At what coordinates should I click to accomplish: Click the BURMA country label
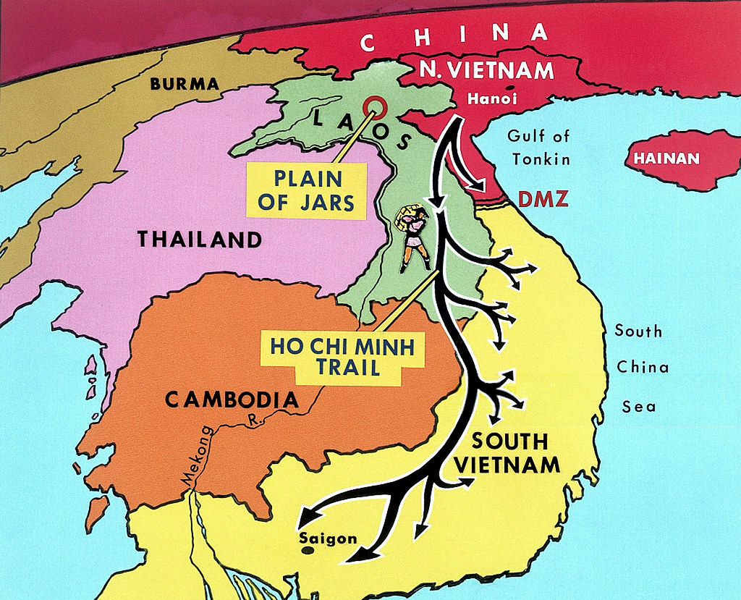pos(185,84)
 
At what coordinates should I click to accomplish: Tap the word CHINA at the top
pos(454,38)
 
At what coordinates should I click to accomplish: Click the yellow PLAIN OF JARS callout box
pos(306,190)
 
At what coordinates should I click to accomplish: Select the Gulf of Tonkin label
pos(538,147)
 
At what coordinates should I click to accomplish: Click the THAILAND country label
pos(199,240)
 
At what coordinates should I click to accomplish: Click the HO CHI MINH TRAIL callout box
pos(331,355)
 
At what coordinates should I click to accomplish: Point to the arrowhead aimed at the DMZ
pos(480,187)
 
